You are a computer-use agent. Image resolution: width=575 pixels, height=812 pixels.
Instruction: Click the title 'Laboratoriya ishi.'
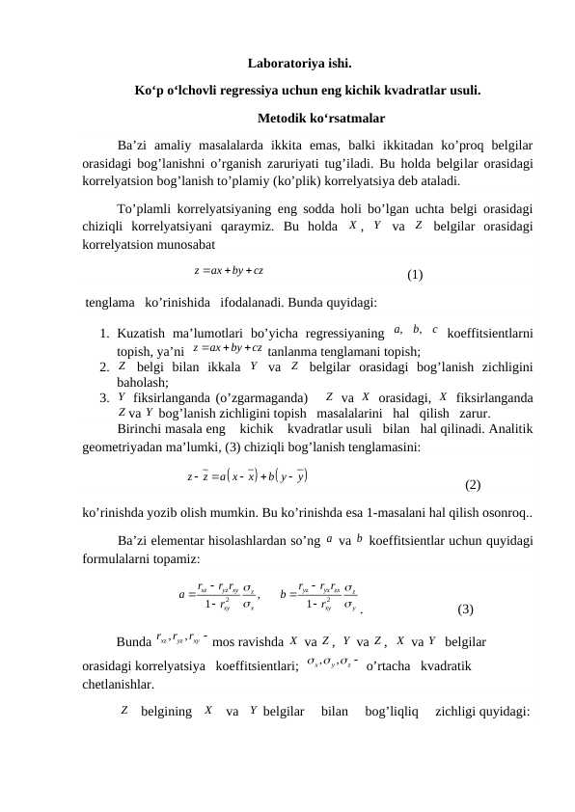(x=299, y=67)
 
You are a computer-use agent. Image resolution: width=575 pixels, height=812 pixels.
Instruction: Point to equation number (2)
(x=473, y=485)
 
